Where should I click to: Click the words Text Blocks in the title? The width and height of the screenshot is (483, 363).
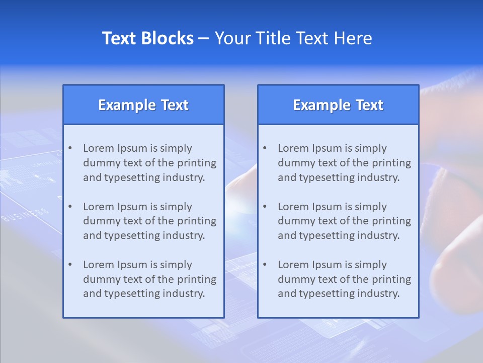147,38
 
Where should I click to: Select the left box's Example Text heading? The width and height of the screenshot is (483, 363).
143,105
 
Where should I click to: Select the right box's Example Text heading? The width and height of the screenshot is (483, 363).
338,105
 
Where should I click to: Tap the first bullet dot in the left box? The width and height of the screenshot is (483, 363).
70,148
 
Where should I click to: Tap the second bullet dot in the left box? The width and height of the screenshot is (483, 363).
70,207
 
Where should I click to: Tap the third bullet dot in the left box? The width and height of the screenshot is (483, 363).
70,265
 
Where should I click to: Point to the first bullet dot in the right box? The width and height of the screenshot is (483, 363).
265,148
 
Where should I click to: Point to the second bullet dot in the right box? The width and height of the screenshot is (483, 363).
265,207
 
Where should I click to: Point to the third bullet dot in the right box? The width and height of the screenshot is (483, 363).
265,265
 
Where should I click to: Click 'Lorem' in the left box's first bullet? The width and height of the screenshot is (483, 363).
99,148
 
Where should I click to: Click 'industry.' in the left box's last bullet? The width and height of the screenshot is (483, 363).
184,293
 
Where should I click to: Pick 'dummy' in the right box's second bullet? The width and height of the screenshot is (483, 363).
294,221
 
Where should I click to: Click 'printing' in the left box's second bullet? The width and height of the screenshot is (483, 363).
198,221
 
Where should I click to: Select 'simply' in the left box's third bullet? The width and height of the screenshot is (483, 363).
176,265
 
